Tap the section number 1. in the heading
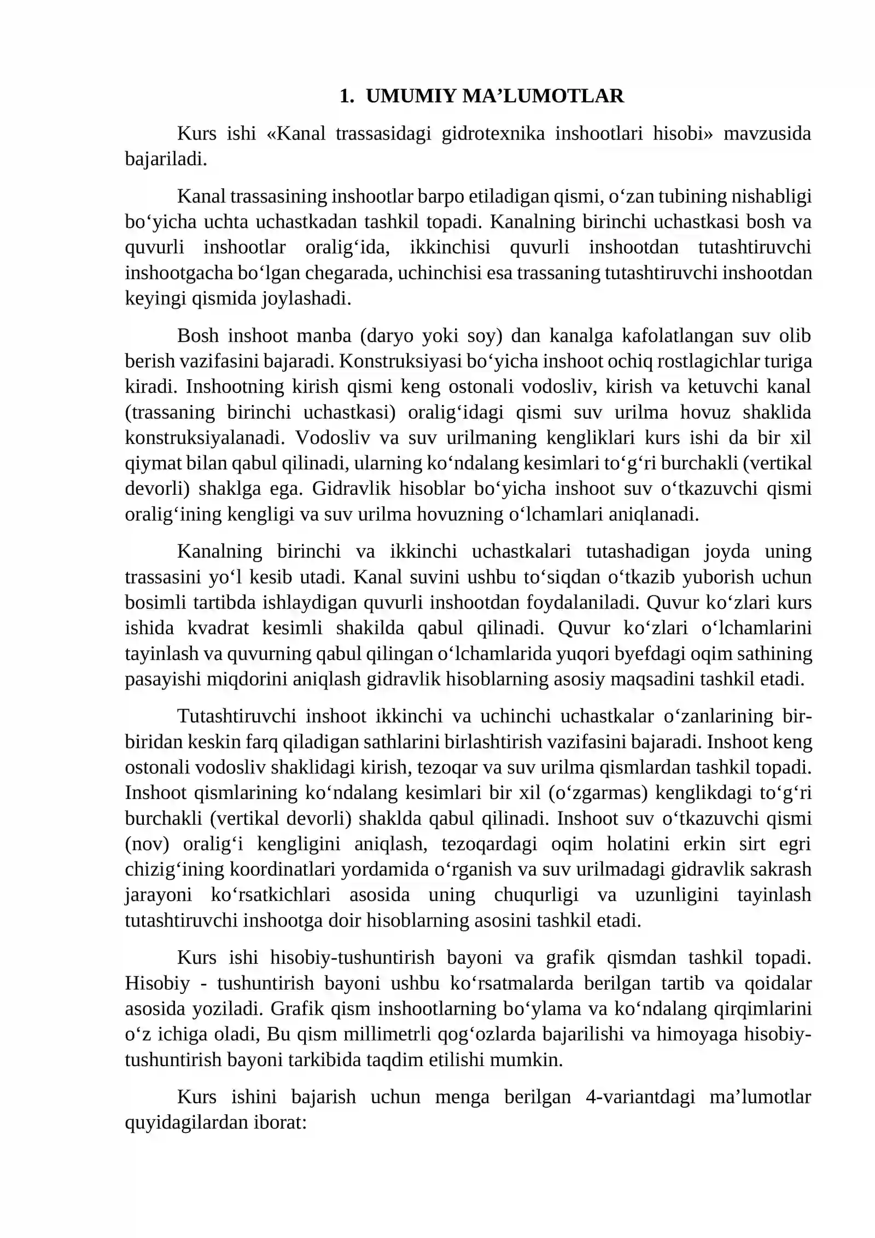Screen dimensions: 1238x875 click(x=346, y=96)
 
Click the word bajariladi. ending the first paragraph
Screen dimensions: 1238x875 click(x=166, y=159)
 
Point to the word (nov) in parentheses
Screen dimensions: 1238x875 click(x=147, y=844)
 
